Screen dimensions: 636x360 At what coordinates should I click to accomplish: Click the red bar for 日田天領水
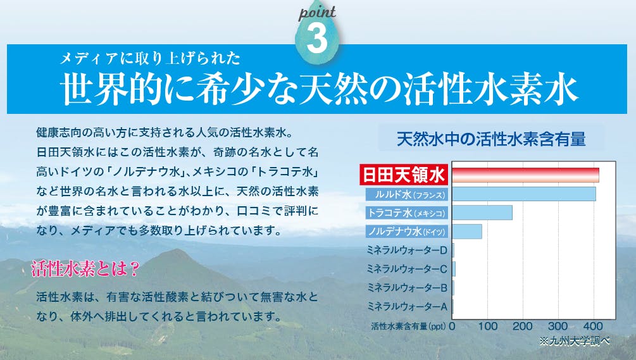526,175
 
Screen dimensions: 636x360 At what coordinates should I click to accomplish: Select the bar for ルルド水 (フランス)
524,194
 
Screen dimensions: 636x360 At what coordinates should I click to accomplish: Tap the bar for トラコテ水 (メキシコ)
482,213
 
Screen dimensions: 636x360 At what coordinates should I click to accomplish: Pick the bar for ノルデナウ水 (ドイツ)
467,232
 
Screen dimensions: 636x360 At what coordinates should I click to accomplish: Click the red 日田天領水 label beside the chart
404,175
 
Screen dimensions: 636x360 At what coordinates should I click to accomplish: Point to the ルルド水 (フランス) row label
407,194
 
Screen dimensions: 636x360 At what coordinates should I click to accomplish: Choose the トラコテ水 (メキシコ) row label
407,213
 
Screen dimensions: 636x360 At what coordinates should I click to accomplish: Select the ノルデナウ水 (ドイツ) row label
407,232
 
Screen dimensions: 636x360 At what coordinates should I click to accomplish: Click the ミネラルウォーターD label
407,250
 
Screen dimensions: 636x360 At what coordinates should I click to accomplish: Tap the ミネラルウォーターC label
407,269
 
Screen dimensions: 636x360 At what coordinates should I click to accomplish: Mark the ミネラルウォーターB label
407,288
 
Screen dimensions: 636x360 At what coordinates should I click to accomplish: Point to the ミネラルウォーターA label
407,306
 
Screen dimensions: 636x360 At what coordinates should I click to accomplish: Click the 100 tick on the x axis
487,326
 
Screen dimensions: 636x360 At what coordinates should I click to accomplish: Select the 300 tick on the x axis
558,326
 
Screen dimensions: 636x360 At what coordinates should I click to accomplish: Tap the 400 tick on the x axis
593,326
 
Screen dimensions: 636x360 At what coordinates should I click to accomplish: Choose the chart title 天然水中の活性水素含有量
491,139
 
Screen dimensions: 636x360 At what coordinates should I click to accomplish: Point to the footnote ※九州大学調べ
575,341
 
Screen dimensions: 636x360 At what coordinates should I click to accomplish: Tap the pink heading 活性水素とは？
85,269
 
